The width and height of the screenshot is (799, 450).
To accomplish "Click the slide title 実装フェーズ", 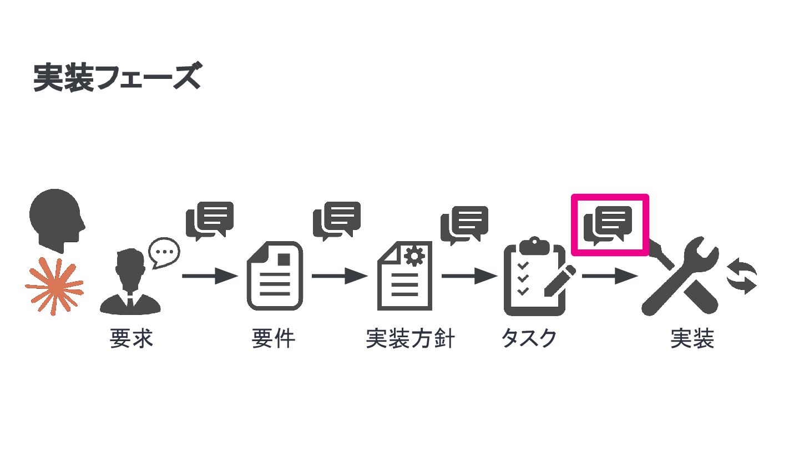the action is pyautogui.click(x=116, y=78).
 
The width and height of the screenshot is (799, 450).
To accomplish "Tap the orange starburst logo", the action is pyautogui.click(x=54, y=287).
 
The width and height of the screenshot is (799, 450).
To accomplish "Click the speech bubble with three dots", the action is pyautogui.click(x=164, y=252).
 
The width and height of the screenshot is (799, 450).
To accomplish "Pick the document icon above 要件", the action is pyautogui.click(x=275, y=276).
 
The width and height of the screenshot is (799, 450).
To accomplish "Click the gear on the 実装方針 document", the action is pyautogui.click(x=414, y=256).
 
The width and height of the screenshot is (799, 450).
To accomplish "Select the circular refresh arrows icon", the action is pyautogui.click(x=742, y=276).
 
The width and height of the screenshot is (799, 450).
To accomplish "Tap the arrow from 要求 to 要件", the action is pyautogui.click(x=209, y=276).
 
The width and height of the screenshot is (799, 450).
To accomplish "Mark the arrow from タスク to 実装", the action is pyautogui.click(x=609, y=276).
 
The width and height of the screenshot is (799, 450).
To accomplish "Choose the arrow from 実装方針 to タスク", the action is pyautogui.click(x=469, y=276).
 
